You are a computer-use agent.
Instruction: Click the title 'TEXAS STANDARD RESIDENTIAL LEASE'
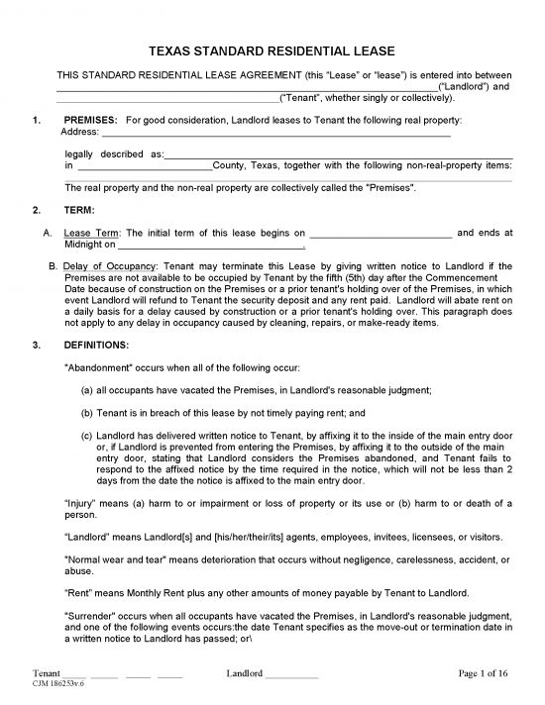click(272, 50)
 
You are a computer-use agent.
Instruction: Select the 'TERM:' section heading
click(80, 210)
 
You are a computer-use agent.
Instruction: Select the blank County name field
click(145, 167)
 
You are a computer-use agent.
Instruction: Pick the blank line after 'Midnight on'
click(209, 246)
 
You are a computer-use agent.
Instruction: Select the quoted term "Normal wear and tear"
click(115, 561)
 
